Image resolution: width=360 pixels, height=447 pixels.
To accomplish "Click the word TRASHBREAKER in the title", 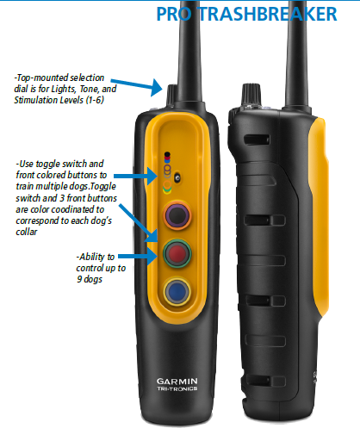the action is click(268, 14).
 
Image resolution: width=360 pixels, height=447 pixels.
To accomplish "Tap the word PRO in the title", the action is click(174, 14).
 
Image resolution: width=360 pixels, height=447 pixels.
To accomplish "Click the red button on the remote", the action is click(177, 253).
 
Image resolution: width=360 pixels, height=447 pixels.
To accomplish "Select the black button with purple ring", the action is click(177, 214).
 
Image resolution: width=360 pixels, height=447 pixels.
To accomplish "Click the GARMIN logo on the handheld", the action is click(177, 382).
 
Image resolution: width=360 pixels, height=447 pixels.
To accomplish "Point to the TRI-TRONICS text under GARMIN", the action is click(177, 388).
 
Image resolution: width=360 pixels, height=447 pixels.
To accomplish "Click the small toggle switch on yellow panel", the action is click(177, 177).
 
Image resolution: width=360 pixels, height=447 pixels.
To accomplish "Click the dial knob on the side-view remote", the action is click(251, 95).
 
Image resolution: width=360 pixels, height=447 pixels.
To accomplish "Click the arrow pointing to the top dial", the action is click(137, 85).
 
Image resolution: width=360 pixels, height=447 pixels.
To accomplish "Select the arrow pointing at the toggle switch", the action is click(136, 176).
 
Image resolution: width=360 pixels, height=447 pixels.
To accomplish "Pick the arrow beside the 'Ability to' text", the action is click(138, 256).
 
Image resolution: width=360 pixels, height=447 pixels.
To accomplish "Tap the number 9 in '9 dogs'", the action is click(79, 279).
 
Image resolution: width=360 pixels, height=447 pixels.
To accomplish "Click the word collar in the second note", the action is click(27, 232).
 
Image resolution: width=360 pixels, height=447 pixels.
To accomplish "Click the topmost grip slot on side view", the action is click(257, 140).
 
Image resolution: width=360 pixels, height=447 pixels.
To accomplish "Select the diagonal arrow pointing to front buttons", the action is click(138, 223).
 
